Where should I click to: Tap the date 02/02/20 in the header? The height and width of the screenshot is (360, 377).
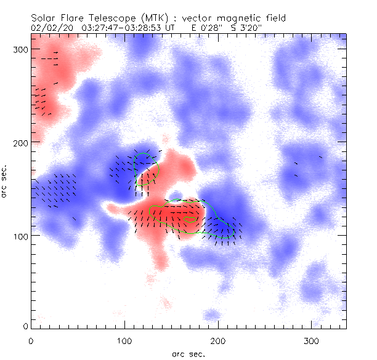click(x=50, y=28)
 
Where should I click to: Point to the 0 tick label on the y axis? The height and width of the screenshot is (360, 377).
click(x=25, y=326)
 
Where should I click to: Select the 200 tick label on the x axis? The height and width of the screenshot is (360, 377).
click(x=217, y=340)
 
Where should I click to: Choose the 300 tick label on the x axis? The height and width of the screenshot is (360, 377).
click(x=311, y=340)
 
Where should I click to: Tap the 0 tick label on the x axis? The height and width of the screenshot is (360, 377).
click(x=31, y=340)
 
